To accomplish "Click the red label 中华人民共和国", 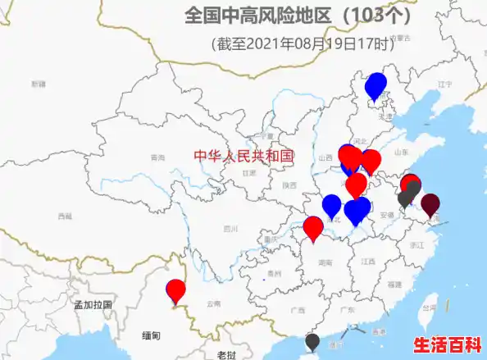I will (x=243, y=156).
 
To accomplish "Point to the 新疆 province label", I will (x=39, y=84).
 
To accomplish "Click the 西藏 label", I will (x=65, y=216).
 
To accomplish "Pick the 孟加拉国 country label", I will (x=92, y=304).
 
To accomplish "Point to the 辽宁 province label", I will (x=445, y=84).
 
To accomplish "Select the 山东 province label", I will (x=402, y=152).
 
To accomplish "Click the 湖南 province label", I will (x=325, y=262).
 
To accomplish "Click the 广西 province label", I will (x=297, y=310).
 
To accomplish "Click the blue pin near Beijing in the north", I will (x=375, y=84).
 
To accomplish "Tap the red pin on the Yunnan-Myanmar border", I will (x=176, y=290).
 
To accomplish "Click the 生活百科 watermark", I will (x=447, y=344).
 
